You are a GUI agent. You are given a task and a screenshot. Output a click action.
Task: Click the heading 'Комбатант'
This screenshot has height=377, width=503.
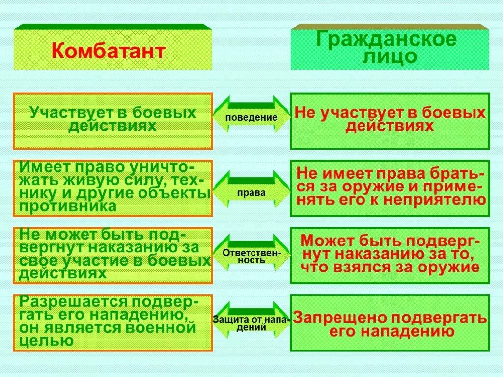(x=108, y=51)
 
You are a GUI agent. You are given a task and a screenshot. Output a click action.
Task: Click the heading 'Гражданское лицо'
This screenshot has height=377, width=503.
(x=390, y=48)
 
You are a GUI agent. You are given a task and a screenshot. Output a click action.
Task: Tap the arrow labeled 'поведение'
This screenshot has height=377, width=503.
(x=251, y=118)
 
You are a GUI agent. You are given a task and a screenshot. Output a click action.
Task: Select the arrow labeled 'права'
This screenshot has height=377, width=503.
(x=251, y=193)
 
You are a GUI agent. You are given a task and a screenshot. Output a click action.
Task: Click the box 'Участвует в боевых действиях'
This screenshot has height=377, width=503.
(x=113, y=121)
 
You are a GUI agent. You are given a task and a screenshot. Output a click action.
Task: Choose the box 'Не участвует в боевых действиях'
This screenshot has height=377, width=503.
(x=390, y=121)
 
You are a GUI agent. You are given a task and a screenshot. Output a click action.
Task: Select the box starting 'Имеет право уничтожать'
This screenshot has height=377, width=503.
(x=113, y=188)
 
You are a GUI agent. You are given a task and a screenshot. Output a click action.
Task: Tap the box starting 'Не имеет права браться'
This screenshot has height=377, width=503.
(x=390, y=188)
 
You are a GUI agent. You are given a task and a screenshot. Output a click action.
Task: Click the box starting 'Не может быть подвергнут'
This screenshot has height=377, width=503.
(x=113, y=255)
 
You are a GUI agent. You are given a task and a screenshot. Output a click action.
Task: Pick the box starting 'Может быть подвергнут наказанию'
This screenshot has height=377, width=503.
(x=390, y=255)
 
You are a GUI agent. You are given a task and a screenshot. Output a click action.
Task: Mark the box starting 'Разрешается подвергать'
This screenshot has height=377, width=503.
(x=113, y=323)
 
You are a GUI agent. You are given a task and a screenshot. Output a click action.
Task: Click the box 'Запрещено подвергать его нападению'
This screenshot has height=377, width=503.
(x=390, y=323)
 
